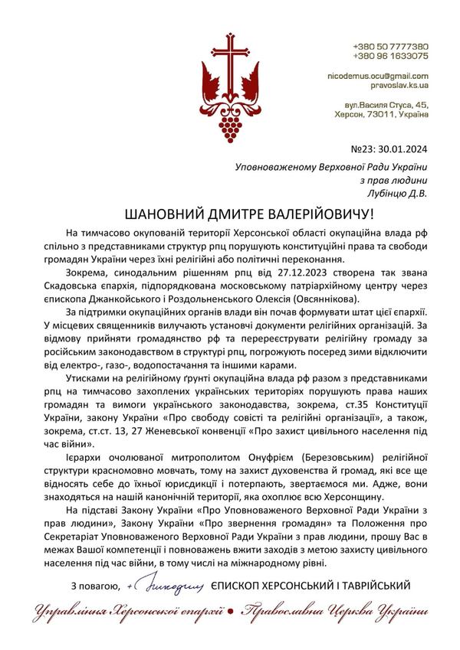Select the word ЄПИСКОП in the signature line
[242, 586]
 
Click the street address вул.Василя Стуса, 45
[385, 103]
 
